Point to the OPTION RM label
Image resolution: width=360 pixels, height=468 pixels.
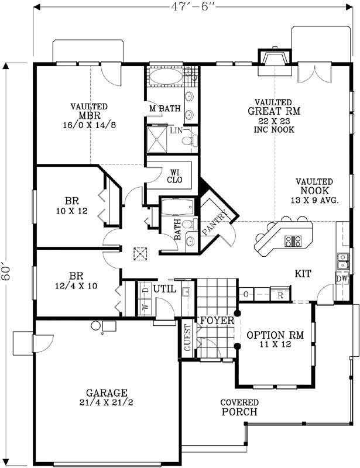(x=275, y=339)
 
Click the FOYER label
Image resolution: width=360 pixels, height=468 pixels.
(x=217, y=321)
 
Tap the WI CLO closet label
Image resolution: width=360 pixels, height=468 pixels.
(x=174, y=175)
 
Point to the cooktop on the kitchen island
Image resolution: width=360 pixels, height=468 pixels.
(x=292, y=240)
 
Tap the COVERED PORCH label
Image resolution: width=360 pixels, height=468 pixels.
(x=239, y=407)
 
